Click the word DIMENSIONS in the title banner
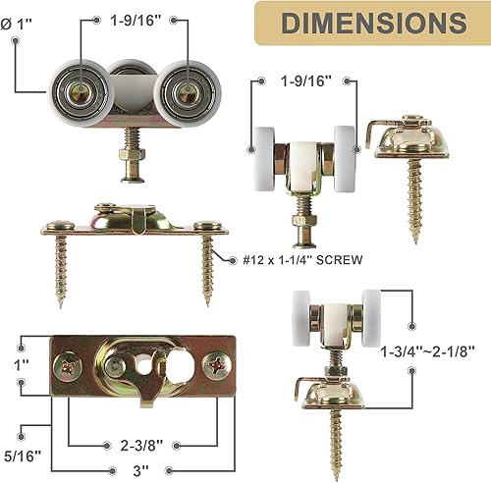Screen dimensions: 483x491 pos(374,23)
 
